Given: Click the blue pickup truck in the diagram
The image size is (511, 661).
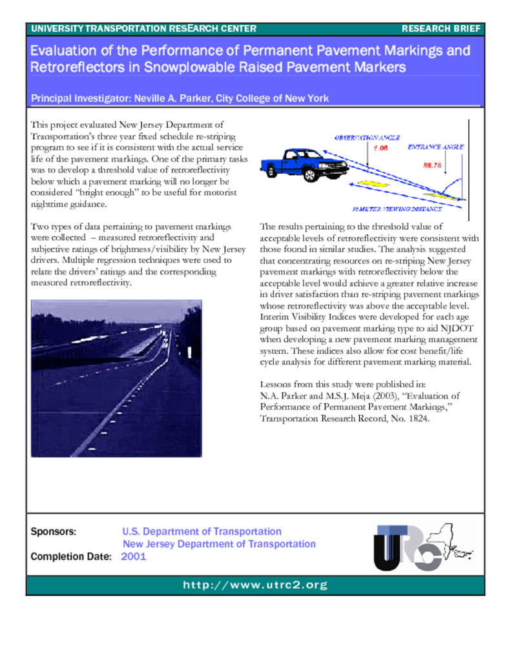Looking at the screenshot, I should (x=304, y=165).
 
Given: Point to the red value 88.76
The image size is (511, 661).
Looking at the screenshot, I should (x=432, y=165).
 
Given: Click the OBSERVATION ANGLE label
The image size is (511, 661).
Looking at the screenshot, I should (x=367, y=137).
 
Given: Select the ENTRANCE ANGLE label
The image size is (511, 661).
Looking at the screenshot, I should (x=435, y=147).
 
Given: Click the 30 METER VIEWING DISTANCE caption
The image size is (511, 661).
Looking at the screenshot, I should (x=397, y=209).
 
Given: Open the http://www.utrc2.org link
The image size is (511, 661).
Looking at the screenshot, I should (x=255, y=585).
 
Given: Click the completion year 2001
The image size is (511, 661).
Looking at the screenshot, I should (x=134, y=556).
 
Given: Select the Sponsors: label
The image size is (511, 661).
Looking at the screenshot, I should (x=54, y=532).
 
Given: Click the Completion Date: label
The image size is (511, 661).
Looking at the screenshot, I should (x=71, y=556).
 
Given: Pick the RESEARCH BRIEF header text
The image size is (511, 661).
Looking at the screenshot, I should (x=441, y=29).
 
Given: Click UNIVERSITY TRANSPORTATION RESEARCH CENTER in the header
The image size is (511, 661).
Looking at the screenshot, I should (x=143, y=29).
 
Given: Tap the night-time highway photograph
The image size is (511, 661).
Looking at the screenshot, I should (x=116, y=378).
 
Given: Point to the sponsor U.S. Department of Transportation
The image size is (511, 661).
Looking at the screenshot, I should (x=202, y=532).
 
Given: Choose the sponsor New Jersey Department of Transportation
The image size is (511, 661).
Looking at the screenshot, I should (x=219, y=544).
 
